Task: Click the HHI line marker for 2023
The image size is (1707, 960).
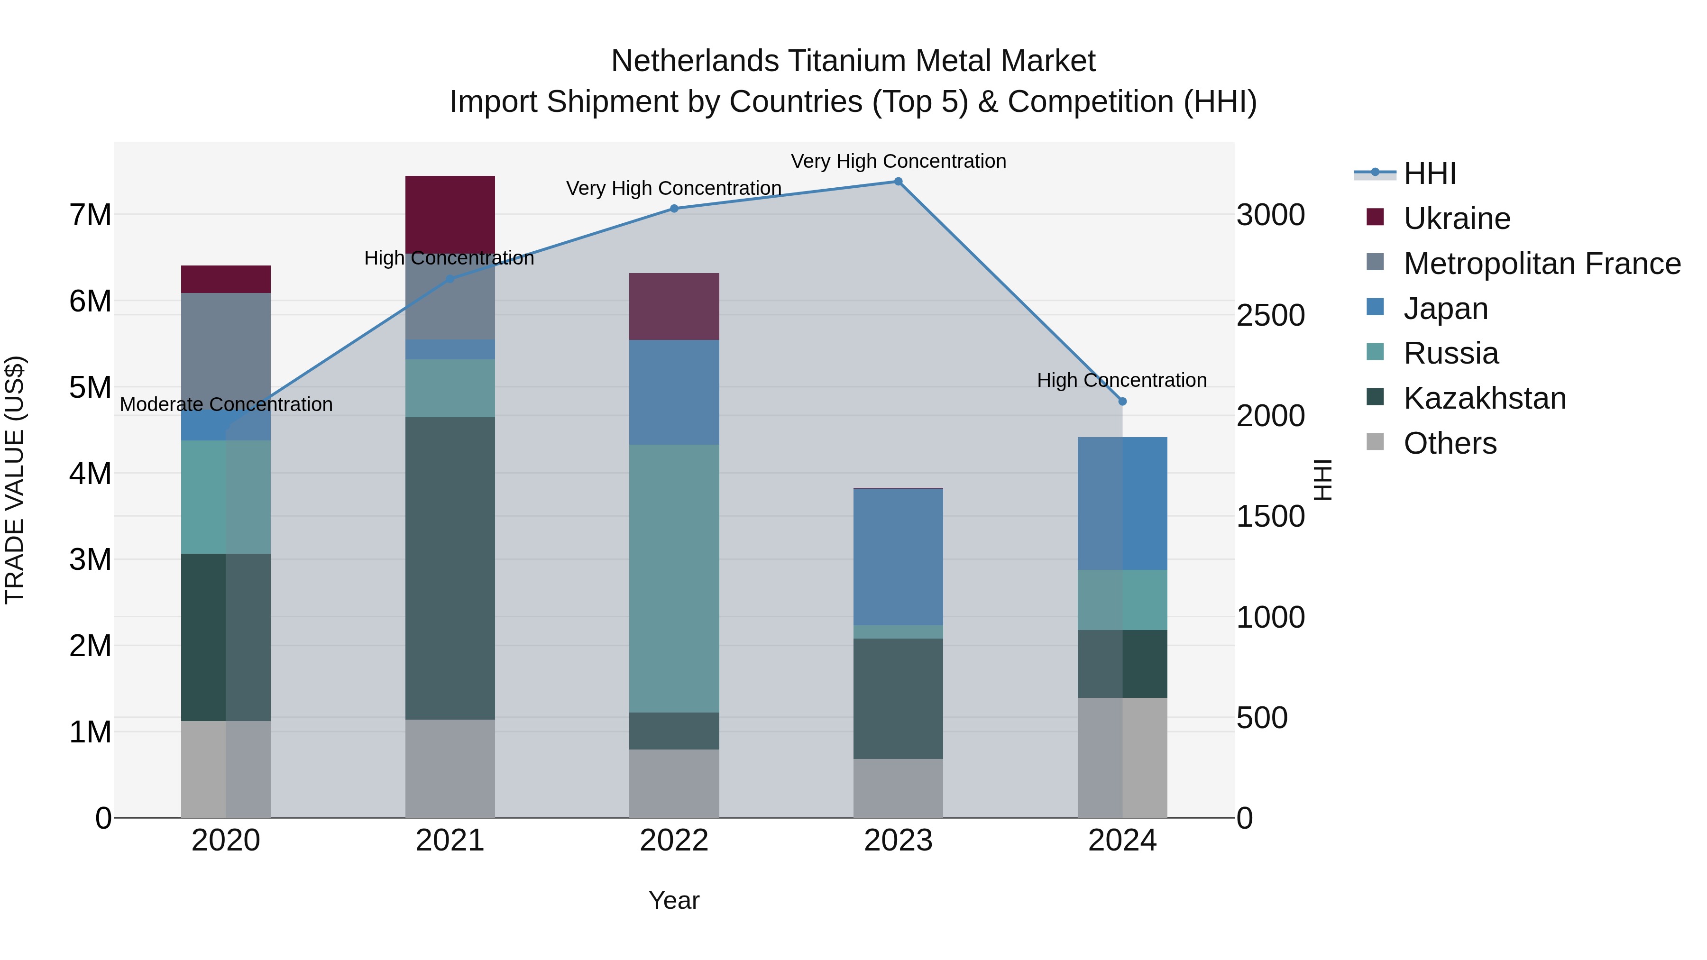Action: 898,182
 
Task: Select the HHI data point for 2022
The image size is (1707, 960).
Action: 674,209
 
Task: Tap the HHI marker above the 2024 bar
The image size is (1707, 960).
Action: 1122,402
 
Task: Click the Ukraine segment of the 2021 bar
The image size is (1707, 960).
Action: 450,213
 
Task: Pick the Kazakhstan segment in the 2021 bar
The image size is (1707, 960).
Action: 450,568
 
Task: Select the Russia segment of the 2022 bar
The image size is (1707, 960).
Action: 674,578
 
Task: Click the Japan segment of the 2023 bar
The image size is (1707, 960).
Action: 898,557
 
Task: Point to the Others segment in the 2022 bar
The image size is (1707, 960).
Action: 674,783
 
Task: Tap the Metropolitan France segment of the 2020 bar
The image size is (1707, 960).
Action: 225,351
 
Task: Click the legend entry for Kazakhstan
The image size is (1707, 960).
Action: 1484,398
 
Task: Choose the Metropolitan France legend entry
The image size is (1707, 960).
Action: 1542,264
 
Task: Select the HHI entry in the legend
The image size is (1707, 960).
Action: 1430,174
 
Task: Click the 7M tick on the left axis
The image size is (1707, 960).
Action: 90,215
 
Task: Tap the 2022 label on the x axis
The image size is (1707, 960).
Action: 674,841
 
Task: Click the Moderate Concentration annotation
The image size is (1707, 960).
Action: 226,404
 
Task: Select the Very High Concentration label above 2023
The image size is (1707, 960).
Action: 898,161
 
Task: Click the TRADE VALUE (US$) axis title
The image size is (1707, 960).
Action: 15,480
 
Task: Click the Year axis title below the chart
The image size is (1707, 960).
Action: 674,900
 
